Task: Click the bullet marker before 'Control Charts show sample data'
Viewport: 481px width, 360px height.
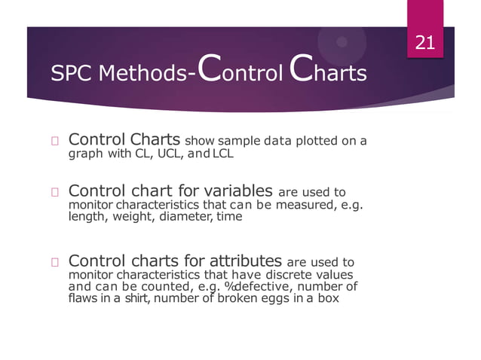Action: point(55,142)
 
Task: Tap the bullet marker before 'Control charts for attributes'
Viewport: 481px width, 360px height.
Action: point(55,263)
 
